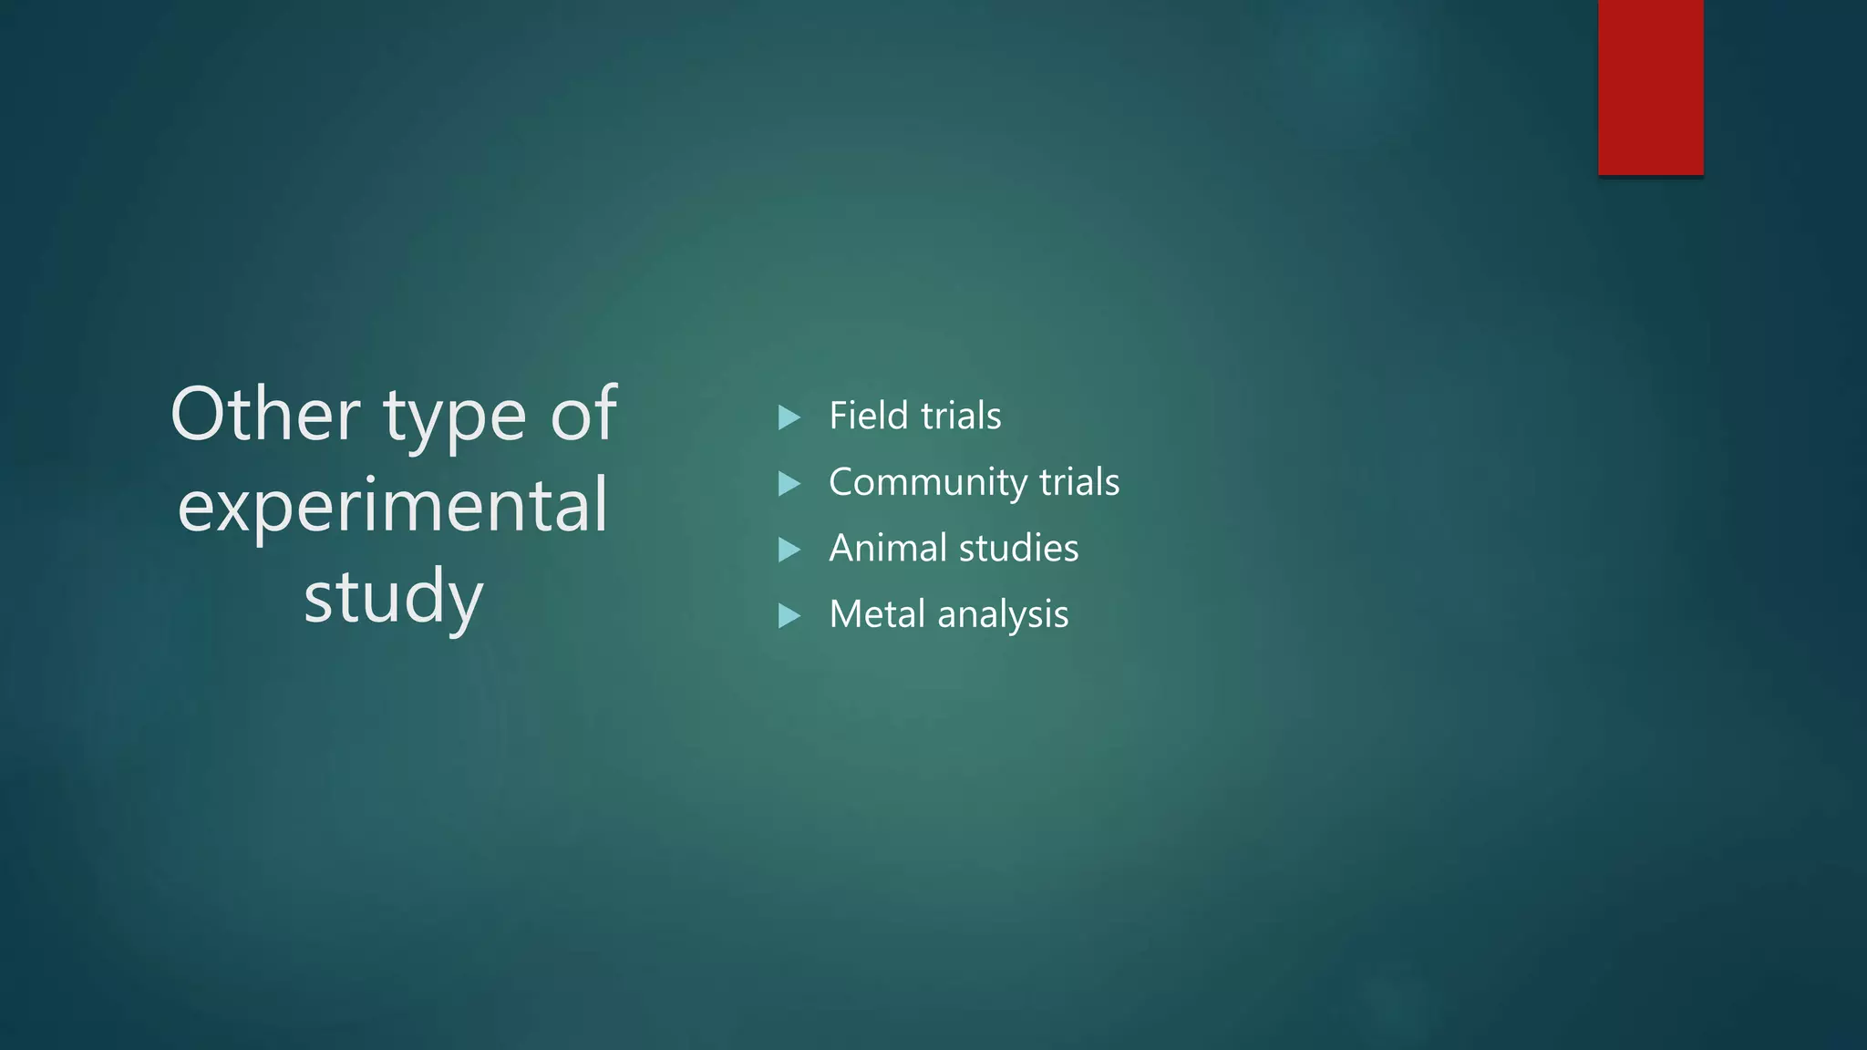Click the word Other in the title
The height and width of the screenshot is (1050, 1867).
(264, 415)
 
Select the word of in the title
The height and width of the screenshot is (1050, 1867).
(583, 414)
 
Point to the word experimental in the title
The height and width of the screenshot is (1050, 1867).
(393, 506)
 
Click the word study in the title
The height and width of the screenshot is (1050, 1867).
(393, 598)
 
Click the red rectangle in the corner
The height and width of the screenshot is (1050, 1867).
(1650, 87)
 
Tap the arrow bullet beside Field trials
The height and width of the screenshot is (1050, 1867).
(789, 417)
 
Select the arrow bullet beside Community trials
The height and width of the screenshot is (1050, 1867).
(789, 483)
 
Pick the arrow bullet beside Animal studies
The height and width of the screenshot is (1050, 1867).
(789, 550)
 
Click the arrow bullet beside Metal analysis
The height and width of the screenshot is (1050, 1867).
(789, 616)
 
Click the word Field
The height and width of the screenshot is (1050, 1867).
(868, 416)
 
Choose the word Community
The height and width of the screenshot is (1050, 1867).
(927, 483)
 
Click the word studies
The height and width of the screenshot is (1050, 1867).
(1019, 549)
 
